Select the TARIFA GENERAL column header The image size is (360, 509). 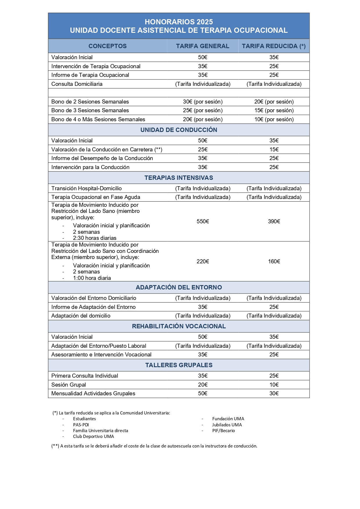[x=202, y=46]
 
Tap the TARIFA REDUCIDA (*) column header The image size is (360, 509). [x=274, y=46]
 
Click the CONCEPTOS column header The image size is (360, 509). [x=108, y=46]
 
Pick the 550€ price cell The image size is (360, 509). [x=203, y=222]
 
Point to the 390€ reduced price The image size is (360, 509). [x=274, y=222]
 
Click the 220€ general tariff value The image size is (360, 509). [x=203, y=262]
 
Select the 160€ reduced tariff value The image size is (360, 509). [x=274, y=262]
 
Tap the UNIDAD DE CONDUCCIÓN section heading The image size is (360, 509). [x=179, y=130]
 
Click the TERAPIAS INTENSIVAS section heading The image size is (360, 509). [x=179, y=178]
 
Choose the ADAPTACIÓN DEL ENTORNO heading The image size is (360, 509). [x=179, y=287]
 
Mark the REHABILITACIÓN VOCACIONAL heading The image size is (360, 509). [x=179, y=326]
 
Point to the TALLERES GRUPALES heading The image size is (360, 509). [x=179, y=365]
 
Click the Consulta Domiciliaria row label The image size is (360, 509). [x=77, y=84]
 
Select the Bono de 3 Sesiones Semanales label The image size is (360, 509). [x=90, y=111]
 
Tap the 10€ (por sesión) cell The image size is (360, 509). [x=274, y=119]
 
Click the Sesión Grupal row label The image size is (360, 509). [x=68, y=385]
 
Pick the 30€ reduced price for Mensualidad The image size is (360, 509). [x=274, y=394]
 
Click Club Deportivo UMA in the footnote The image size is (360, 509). [x=93, y=436]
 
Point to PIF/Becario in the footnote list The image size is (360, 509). [x=223, y=431]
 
